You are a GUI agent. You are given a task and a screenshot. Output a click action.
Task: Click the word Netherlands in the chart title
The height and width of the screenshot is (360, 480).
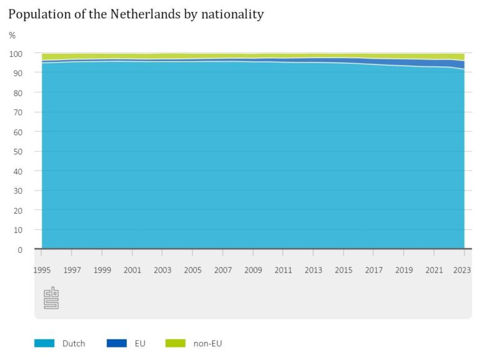[136, 14]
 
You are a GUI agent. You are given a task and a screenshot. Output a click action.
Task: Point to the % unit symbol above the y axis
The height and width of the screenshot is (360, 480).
[12, 36]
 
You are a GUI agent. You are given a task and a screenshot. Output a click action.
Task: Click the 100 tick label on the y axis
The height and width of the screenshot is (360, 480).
[16, 54]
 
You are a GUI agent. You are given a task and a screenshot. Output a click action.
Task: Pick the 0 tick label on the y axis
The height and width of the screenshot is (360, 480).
[20, 249]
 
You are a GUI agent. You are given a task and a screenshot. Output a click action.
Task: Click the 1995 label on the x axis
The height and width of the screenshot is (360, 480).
[42, 270]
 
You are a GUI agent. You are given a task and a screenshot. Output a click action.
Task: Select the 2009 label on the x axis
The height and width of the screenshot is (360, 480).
[253, 270]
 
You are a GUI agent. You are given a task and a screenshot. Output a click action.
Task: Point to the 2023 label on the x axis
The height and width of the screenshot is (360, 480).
[463, 270]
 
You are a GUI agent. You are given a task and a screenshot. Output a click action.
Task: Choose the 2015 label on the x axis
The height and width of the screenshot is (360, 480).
[343, 270]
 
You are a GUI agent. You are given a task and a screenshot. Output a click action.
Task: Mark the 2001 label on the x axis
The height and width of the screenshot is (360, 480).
[132, 270]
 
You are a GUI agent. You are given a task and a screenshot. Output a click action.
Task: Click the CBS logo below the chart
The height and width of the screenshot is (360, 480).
[51, 298]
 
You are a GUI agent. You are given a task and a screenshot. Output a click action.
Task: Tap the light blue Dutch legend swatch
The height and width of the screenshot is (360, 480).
[44, 343]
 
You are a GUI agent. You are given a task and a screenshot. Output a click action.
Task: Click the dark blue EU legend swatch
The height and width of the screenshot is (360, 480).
[116, 343]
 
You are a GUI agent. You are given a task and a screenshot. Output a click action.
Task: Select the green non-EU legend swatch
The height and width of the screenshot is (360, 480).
[176, 343]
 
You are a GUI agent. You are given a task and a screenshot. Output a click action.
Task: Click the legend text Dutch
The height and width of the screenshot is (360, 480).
[74, 343]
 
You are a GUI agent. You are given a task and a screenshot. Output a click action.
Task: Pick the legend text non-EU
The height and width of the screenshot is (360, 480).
[208, 343]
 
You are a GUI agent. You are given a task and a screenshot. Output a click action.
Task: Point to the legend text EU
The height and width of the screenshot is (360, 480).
[140, 343]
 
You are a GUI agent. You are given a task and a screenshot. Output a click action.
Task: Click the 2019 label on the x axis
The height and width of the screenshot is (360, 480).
[403, 270]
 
